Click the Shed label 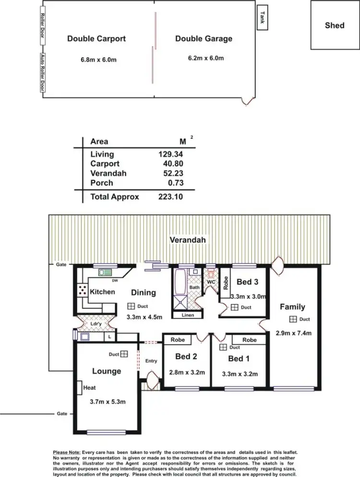(x=334, y=25)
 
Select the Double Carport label (x=96, y=39)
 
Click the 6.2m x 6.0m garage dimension (x=205, y=59)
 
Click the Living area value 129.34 (x=170, y=154)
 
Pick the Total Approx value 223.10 (x=170, y=196)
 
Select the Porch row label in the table (x=102, y=183)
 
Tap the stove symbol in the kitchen (x=83, y=291)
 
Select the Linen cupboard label (x=188, y=316)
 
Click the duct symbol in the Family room (x=292, y=319)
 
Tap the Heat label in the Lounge (x=89, y=388)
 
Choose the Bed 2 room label (x=186, y=356)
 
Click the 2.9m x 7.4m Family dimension (x=293, y=333)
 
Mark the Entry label (x=151, y=361)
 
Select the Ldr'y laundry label (x=96, y=324)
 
